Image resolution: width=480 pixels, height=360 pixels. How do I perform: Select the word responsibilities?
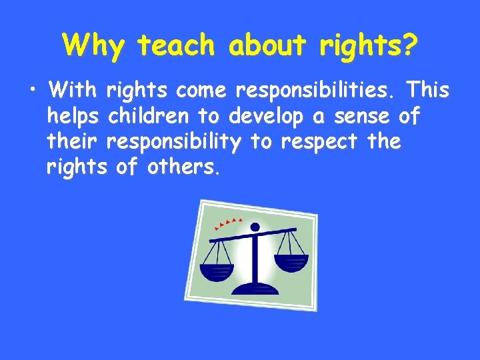coord(308,89)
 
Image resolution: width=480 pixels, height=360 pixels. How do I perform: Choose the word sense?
coord(359,116)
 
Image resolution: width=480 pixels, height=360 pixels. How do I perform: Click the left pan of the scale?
coord(217,271)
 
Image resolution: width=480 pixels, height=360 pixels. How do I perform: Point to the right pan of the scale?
coord(291,261)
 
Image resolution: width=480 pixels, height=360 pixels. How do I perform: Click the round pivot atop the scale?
coord(253,228)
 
